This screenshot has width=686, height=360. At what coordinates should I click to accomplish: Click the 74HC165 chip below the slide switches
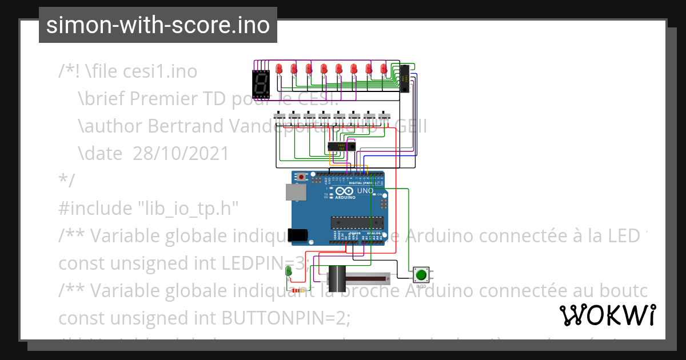(341, 147)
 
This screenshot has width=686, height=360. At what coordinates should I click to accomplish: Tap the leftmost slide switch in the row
(280, 117)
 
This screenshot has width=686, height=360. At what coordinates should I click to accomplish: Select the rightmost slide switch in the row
(384, 117)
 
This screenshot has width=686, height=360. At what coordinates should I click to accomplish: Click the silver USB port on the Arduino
(295, 193)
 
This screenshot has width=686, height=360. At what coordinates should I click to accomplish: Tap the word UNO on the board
(365, 190)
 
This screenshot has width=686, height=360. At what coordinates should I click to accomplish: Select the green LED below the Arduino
(289, 271)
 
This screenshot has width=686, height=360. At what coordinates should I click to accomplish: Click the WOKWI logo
(607, 315)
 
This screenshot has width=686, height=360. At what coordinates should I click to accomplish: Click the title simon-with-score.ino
(158, 26)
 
